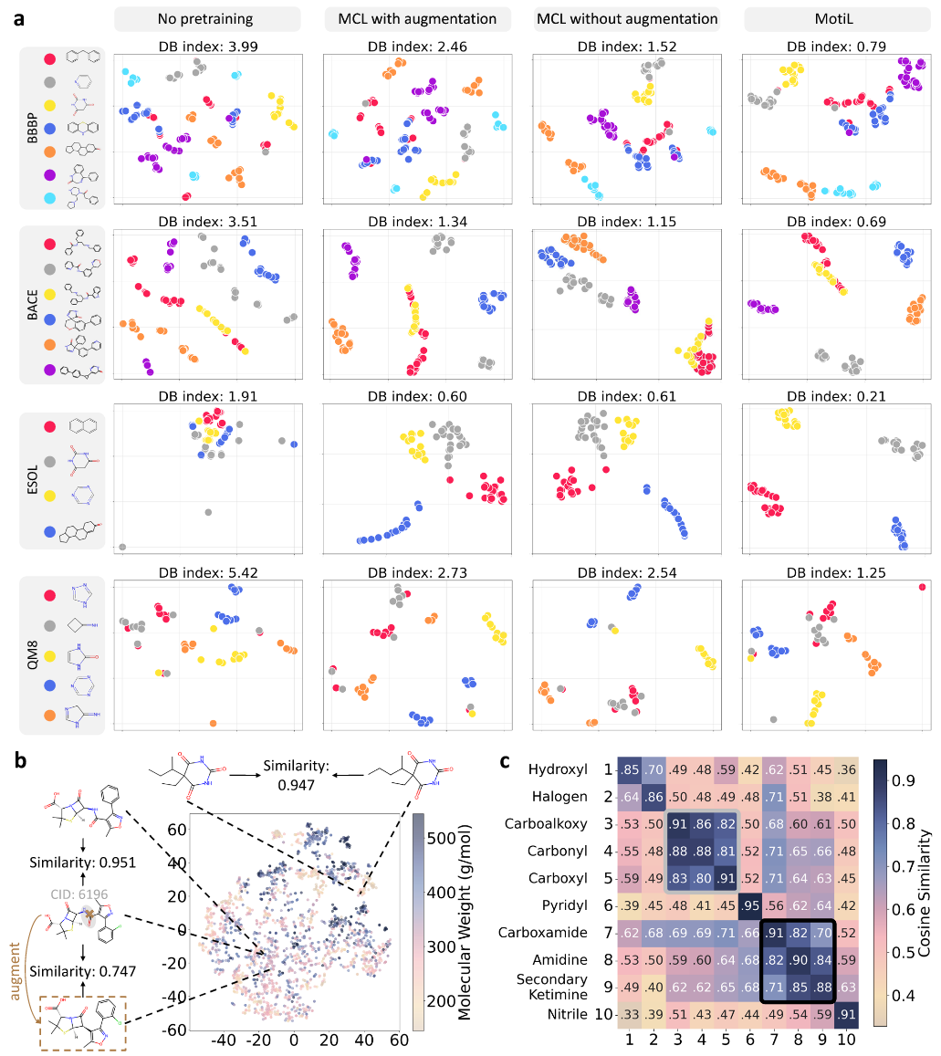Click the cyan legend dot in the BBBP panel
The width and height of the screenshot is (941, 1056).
click(49, 197)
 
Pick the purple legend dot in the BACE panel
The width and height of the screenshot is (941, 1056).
click(49, 371)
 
